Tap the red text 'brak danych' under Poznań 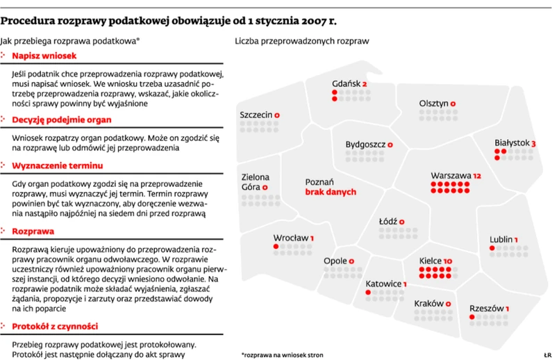click(x=331, y=192)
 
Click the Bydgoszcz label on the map click(x=365, y=145)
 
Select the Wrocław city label click(x=290, y=238)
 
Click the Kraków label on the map click(x=428, y=304)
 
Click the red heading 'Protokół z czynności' click(x=59, y=325)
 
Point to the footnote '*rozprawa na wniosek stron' click(x=284, y=353)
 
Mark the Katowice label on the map click(x=383, y=284)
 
